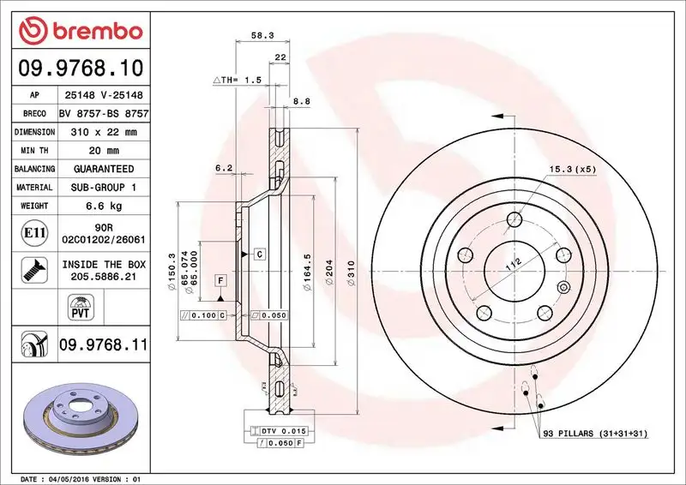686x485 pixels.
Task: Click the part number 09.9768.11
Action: click(x=102, y=345)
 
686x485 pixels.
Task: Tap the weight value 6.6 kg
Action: click(x=102, y=206)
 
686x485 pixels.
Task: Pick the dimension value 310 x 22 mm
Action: click(x=102, y=133)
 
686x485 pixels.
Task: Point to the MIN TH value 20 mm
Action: click(x=102, y=151)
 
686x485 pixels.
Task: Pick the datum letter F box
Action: click(x=220, y=281)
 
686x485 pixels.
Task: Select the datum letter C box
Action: click(x=258, y=254)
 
